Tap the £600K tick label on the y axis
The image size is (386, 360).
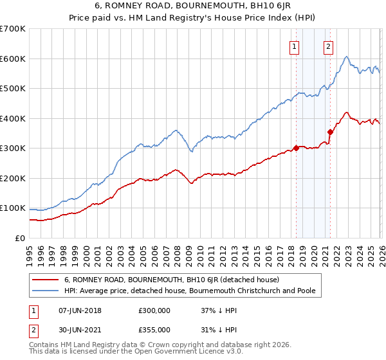point(12,59)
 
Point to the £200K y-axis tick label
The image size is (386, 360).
point(12,178)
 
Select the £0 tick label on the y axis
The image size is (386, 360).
point(19,238)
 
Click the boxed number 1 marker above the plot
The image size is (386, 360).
point(295,46)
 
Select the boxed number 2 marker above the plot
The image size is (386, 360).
point(329,46)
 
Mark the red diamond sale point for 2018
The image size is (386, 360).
point(296,148)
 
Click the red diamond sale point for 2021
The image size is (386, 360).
point(330,132)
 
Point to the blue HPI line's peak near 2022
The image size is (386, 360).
point(346,57)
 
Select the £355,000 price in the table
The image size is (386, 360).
point(154,329)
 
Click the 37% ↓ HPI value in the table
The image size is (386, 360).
point(218,310)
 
